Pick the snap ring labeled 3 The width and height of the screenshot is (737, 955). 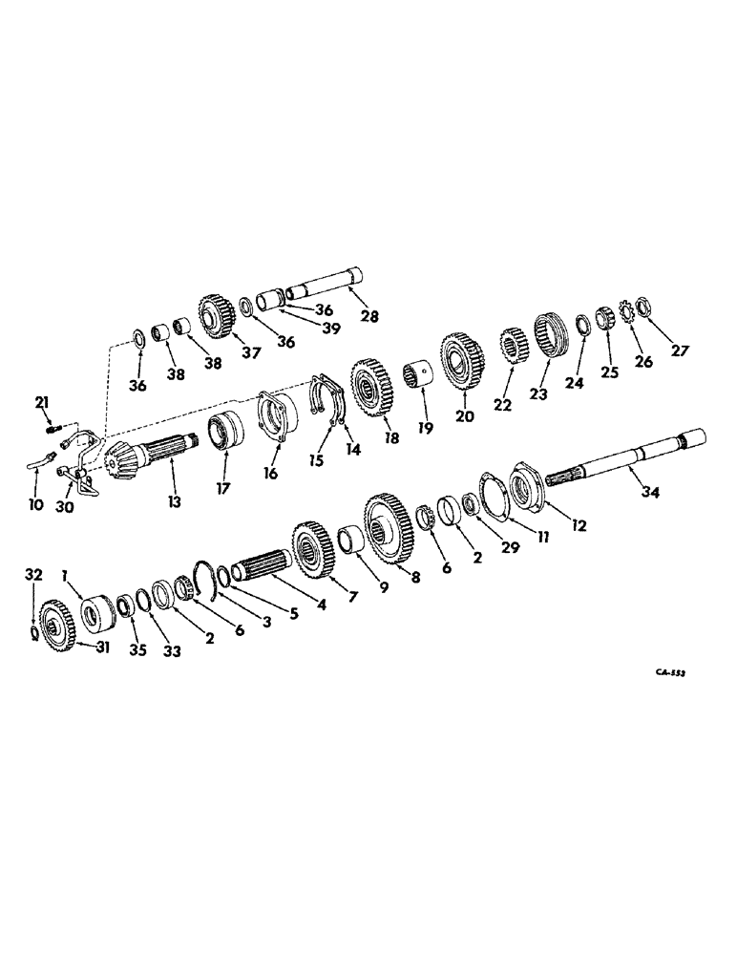pos(208,579)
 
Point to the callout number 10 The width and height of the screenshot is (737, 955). pos(35,503)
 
